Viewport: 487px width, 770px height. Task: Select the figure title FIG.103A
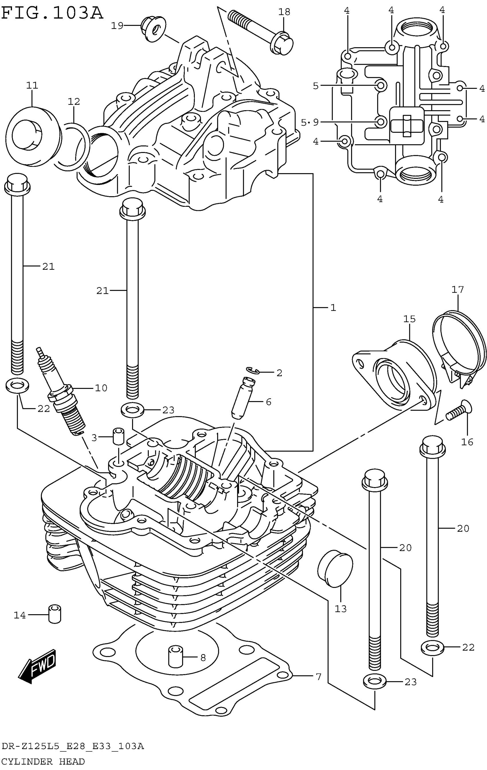pyautogui.click(x=52, y=13)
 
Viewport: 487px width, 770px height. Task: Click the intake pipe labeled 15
pyautogui.click(x=394, y=374)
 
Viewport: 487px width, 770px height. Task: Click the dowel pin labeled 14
pyautogui.click(x=55, y=614)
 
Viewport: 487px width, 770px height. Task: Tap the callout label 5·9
pyautogui.click(x=310, y=122)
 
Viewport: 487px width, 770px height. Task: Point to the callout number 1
pyautogui.click(x=333, y=308)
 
